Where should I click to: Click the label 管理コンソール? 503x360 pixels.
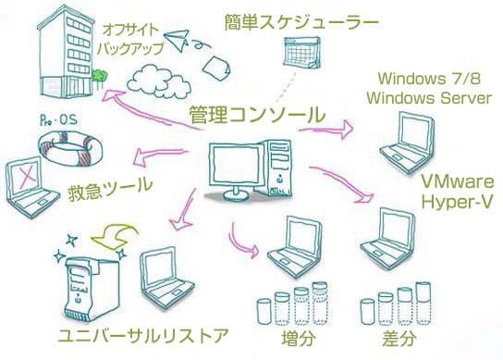pyautogui.click(x=256, y=116)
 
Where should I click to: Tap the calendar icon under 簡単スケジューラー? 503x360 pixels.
pyautogui.click(x=303, y=53)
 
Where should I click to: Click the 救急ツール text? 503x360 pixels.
pyautogui.click(x=109, y=191)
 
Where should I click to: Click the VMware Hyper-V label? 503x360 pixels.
pyautogui.click(x=457, y=191)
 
